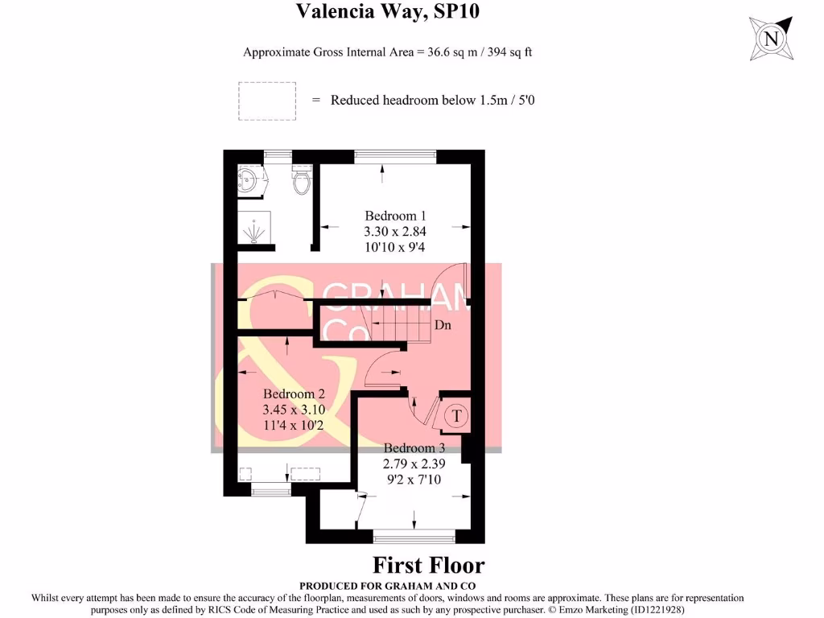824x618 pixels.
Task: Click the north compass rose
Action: pyautogui.click(x=771, y=39)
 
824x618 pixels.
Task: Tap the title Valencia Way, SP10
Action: pyautogui.click(x=387, y=11)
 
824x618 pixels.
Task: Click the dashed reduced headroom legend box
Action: pyautogui.click(x=267, y=101)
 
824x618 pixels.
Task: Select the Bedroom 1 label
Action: pyautogui.click(x=395, y=216)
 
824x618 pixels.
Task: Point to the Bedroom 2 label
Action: pyautogui.click(x=294, y=393)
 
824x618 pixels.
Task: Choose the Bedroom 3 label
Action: pyautogui.click(x=414, y=447)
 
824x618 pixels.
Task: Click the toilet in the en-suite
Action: pyautogui.click(x=302, y=179)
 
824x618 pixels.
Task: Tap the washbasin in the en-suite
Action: pyautogui.click(x=250, y=181)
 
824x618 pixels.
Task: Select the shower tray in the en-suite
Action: pyautogui.click(x=254, y=228)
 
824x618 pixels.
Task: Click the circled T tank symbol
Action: pyautogui.click(x=455, y=416)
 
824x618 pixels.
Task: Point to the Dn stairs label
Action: pyautogui.click(x=443, y=325)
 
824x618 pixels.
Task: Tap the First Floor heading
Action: pyautogui.click(x=428, y=566)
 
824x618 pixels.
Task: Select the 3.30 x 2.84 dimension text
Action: pyautogui.click(x=395, y=231)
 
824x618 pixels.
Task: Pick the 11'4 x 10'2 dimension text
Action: pyautogui.click(x=294, y=425)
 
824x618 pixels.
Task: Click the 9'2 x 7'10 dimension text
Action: pyautogui.click(x=414, y=480)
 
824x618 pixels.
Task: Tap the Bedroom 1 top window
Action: pyautogui.click(x=395, y=154)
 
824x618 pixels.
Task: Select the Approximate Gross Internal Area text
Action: pyautogui.click(x=387, y=52)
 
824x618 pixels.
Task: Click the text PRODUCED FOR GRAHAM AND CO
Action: pyautogui.click(x=387, y=586)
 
